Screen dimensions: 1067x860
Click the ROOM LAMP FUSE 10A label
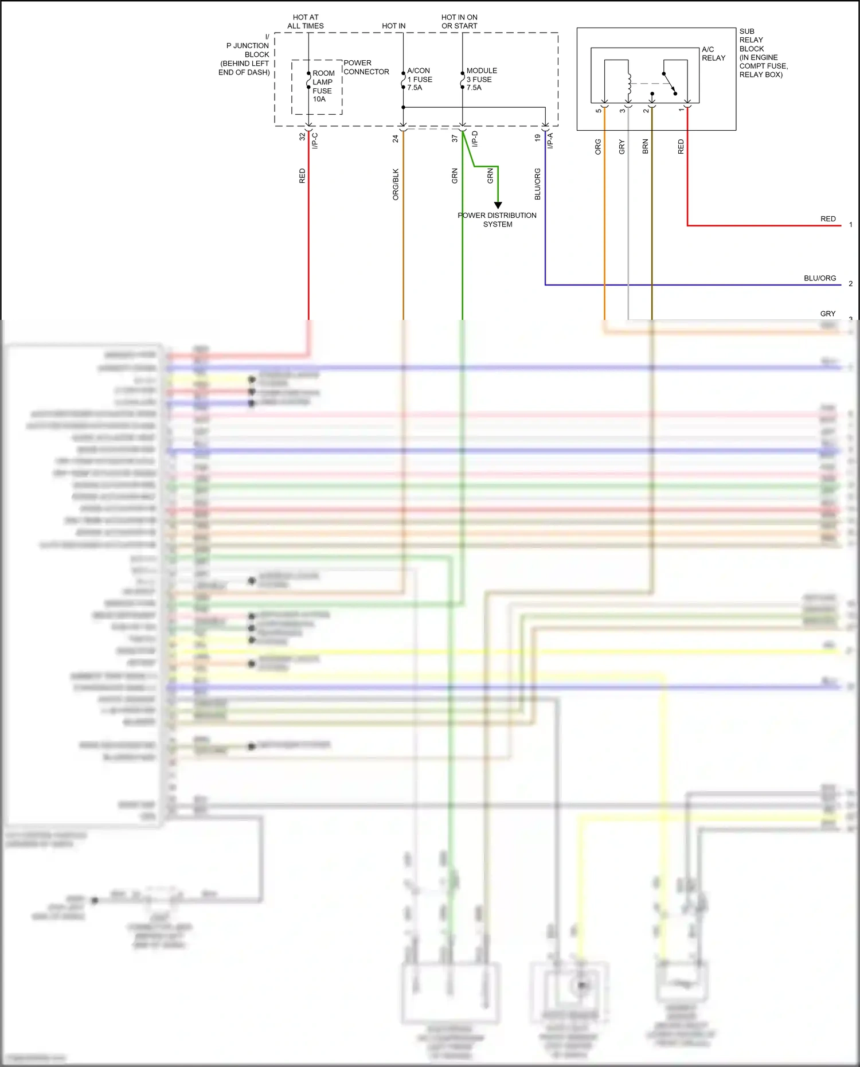(x=323, y=86)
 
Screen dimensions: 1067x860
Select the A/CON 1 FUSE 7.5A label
(x=419, y=79)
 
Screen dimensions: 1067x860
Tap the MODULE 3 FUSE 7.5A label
(x=481, y=79)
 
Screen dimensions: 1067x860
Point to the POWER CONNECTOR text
(x=366, y=67)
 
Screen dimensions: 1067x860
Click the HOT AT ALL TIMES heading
(x=306, y=22)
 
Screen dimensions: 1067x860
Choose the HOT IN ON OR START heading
(x=459, y=22)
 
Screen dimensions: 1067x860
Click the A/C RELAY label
(x=713, y=53)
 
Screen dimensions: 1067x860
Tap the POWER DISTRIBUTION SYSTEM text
(x=497, y=220)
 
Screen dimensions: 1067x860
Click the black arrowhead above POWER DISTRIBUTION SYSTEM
(x=498, y=205)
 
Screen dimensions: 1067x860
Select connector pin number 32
(x=302, y=137)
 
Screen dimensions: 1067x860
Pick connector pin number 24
(x=396, y=138)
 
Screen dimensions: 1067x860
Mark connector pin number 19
(x=537, y=138)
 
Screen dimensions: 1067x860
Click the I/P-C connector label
(x=315, y=141)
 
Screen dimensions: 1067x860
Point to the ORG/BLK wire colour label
(x=396, y=184)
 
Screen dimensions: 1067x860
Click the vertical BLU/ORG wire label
(x=538, y=184)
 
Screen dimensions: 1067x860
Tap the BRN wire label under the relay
(x=646, y=146)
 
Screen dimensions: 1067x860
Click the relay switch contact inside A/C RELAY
(x=670, y=83)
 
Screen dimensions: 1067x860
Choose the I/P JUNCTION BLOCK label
(x=245, y=54)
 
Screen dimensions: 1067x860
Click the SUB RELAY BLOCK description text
(x=763, y=53)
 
